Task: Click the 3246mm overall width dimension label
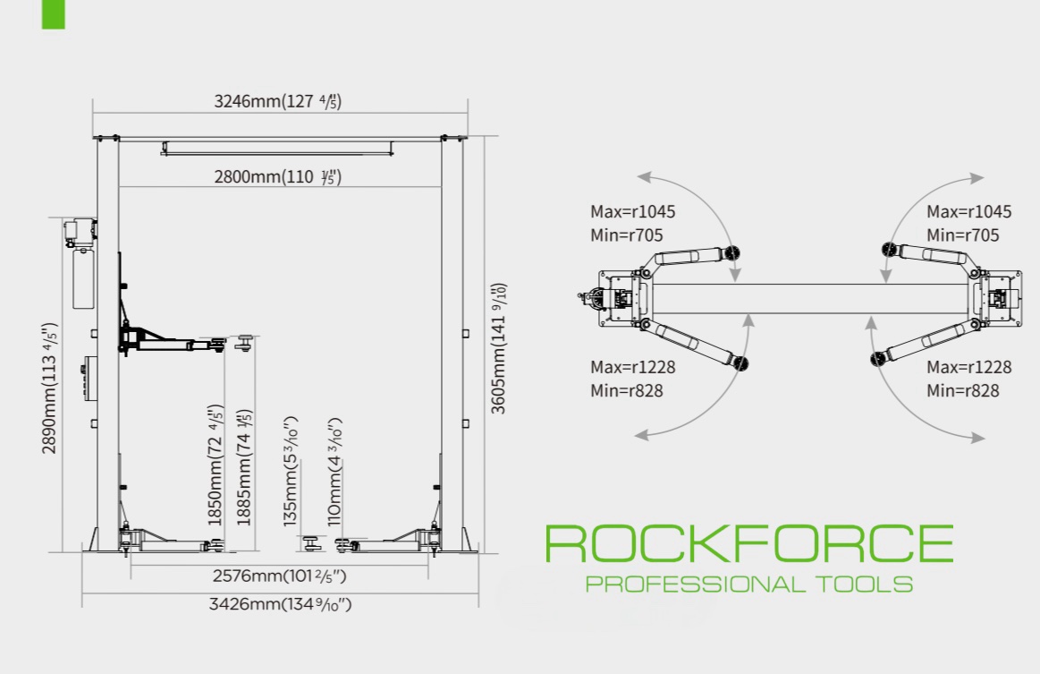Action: coord(277,101)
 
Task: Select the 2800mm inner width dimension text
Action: coord(277,176)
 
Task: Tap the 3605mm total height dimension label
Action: coord(498,348)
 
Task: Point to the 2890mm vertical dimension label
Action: coord(50,388)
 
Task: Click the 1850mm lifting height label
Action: coord(216,465)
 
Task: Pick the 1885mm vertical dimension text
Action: coord(245,467)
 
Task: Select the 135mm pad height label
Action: coord(291,472)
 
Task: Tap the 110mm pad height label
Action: coord(334,472)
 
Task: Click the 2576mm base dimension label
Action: coord(279,576)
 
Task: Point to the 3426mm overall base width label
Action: coord(280,604)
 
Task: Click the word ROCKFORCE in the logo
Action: coord(749,544)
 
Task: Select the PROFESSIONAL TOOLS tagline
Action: coord(749,584)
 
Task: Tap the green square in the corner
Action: coord(53,14)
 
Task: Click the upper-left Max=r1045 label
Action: coord(633,212)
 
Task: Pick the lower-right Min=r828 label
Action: coord(963,391)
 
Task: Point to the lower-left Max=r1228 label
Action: coord(633,367)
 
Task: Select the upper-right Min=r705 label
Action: coord(963,235)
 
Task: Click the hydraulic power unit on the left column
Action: coord(80,264)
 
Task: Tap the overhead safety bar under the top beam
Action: coord(277,149)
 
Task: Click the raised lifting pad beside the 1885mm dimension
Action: coord(245,343)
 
